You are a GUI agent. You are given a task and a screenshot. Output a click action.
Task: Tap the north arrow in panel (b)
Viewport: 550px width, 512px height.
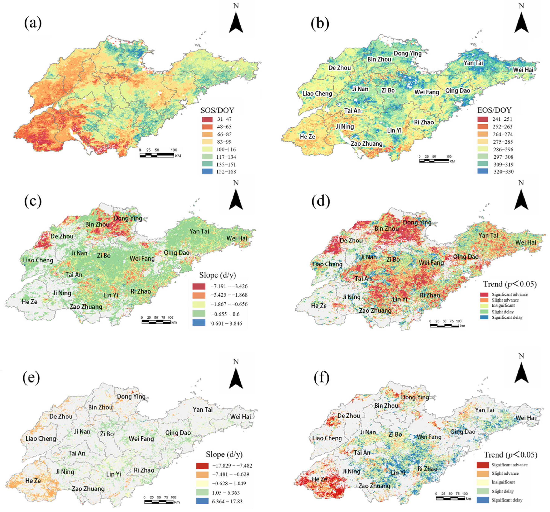coord(521,22)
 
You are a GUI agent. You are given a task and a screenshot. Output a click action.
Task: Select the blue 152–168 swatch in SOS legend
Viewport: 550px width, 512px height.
coord(207,171)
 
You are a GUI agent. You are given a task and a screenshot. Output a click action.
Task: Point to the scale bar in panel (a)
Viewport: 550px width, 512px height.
coord(157,155)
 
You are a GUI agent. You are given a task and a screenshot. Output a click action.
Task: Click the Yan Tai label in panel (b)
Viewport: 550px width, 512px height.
coord(473,63)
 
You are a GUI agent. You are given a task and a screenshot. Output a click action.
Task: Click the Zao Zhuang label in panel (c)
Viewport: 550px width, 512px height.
coord(86,307)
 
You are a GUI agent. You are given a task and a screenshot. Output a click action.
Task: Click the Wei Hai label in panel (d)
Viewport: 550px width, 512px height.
coord(525,242)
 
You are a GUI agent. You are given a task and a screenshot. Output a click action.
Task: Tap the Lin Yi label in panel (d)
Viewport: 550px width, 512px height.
coord(400,299)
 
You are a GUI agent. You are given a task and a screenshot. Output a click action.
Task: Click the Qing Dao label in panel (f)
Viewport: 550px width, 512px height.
coord(463,431)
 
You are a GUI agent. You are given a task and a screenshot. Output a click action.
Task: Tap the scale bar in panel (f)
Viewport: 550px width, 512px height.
coord(450,498)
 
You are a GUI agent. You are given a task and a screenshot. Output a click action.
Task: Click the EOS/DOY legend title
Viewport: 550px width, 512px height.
coord(494,110)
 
